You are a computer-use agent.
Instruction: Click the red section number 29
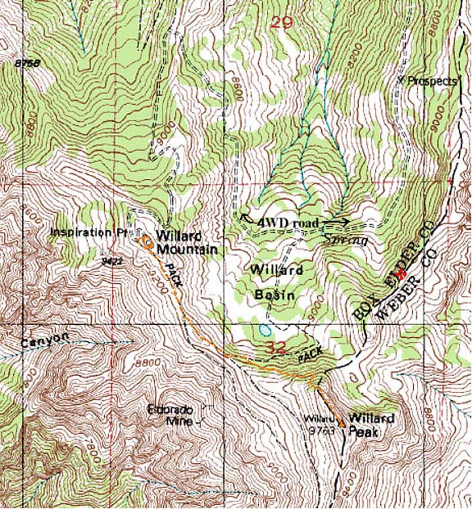[x=281, y=22]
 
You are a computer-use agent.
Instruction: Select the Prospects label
[x=431, y=81]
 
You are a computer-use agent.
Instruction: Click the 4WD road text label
[x=288, y=223]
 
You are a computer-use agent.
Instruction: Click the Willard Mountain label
[x=187, y=243]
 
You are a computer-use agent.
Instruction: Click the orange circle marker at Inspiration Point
[x=147, y=244]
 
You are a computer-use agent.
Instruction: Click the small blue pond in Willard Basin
[x=264, y=328]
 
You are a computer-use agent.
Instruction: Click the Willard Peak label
[x=371, y=424]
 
